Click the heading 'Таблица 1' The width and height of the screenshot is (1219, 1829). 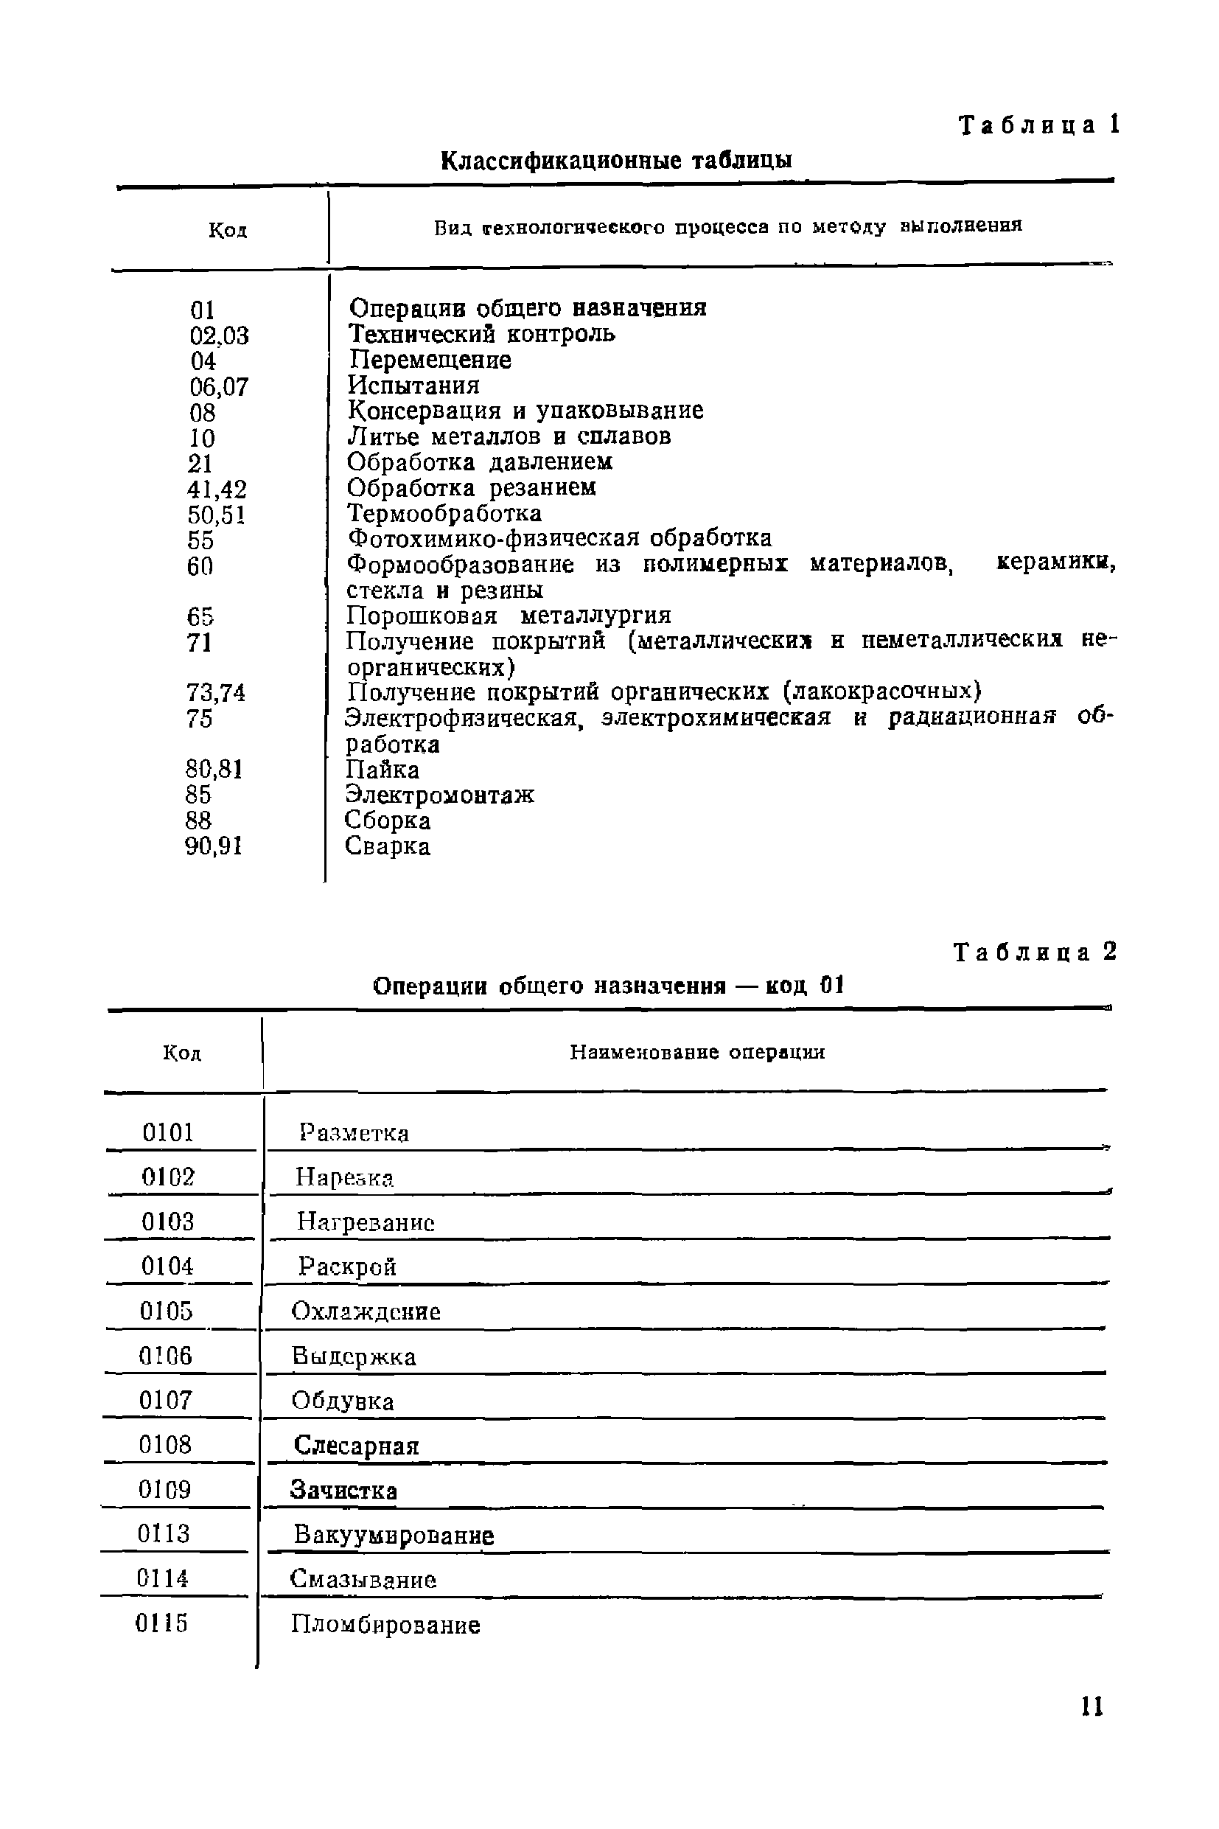[1038, 125]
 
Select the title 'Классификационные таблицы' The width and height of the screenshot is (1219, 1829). [616, 161]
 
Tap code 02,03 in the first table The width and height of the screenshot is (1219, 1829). [219, 336]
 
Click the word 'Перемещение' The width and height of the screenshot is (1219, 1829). [430, 360]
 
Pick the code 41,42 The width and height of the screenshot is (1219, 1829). [217, 489]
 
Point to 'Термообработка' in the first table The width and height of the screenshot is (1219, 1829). [444, 513]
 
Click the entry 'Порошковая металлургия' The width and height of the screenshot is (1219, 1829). [509, 616]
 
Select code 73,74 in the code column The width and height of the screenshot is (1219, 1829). [215, 693]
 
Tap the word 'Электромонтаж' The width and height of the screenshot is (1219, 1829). [439, 795]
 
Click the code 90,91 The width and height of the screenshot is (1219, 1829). [214, 846]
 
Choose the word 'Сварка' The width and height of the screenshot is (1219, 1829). [387, 846]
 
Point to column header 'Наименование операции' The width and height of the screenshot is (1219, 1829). [697, 1052]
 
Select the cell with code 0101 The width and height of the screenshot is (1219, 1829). [168, 1132]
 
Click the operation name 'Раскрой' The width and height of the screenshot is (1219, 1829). [348, 1267]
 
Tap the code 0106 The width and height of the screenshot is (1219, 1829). [166, 1356]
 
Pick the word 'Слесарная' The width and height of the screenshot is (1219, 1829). [356, 1446]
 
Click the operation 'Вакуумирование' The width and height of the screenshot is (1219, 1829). [394, 1536]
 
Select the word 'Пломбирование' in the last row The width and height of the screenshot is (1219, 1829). [385, 1626]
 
